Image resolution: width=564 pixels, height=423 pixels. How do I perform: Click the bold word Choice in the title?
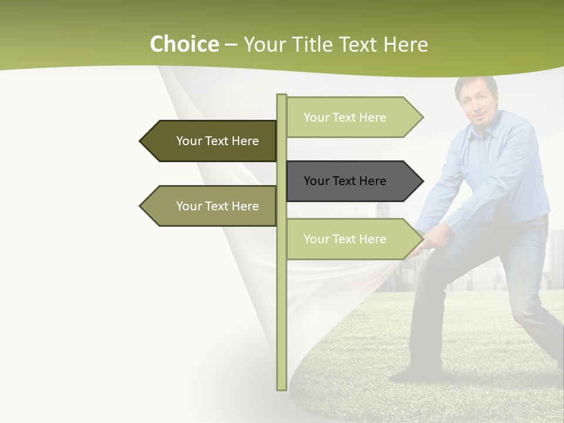[x=184, y=44]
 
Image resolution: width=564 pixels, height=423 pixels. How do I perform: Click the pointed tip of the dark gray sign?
[x=422, y=181]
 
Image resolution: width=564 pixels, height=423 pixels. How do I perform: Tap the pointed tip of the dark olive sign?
[x=141, y=141]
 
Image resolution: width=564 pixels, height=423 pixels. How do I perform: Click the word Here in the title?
[x=405, y=44]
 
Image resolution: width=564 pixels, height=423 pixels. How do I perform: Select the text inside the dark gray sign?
[x=345, y=181]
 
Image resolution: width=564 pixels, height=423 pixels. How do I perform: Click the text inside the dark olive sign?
[x=217, y=141]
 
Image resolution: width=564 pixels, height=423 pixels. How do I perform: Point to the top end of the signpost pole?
[x=281, y=95]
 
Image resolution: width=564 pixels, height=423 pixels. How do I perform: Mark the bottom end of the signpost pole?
[x=281, y=388]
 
